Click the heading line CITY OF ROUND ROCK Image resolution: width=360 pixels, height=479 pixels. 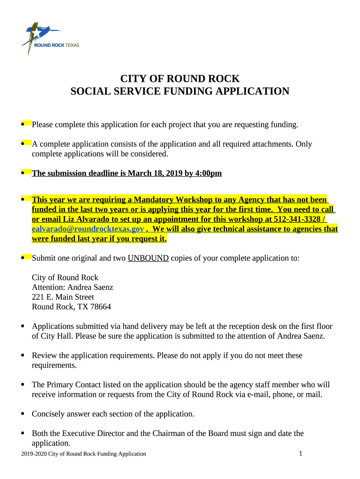[180, 79]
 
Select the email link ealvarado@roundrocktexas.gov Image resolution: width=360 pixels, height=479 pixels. [87, 229]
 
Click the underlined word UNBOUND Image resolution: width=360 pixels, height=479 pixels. [148, 258]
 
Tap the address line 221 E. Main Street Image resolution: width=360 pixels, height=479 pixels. [63, 297]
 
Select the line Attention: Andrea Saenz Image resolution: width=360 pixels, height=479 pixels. [72, 287]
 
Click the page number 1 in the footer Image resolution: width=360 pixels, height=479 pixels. [301, 453]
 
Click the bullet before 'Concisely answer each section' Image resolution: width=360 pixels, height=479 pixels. [23, 414]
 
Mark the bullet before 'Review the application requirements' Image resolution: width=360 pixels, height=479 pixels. [23, 356]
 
